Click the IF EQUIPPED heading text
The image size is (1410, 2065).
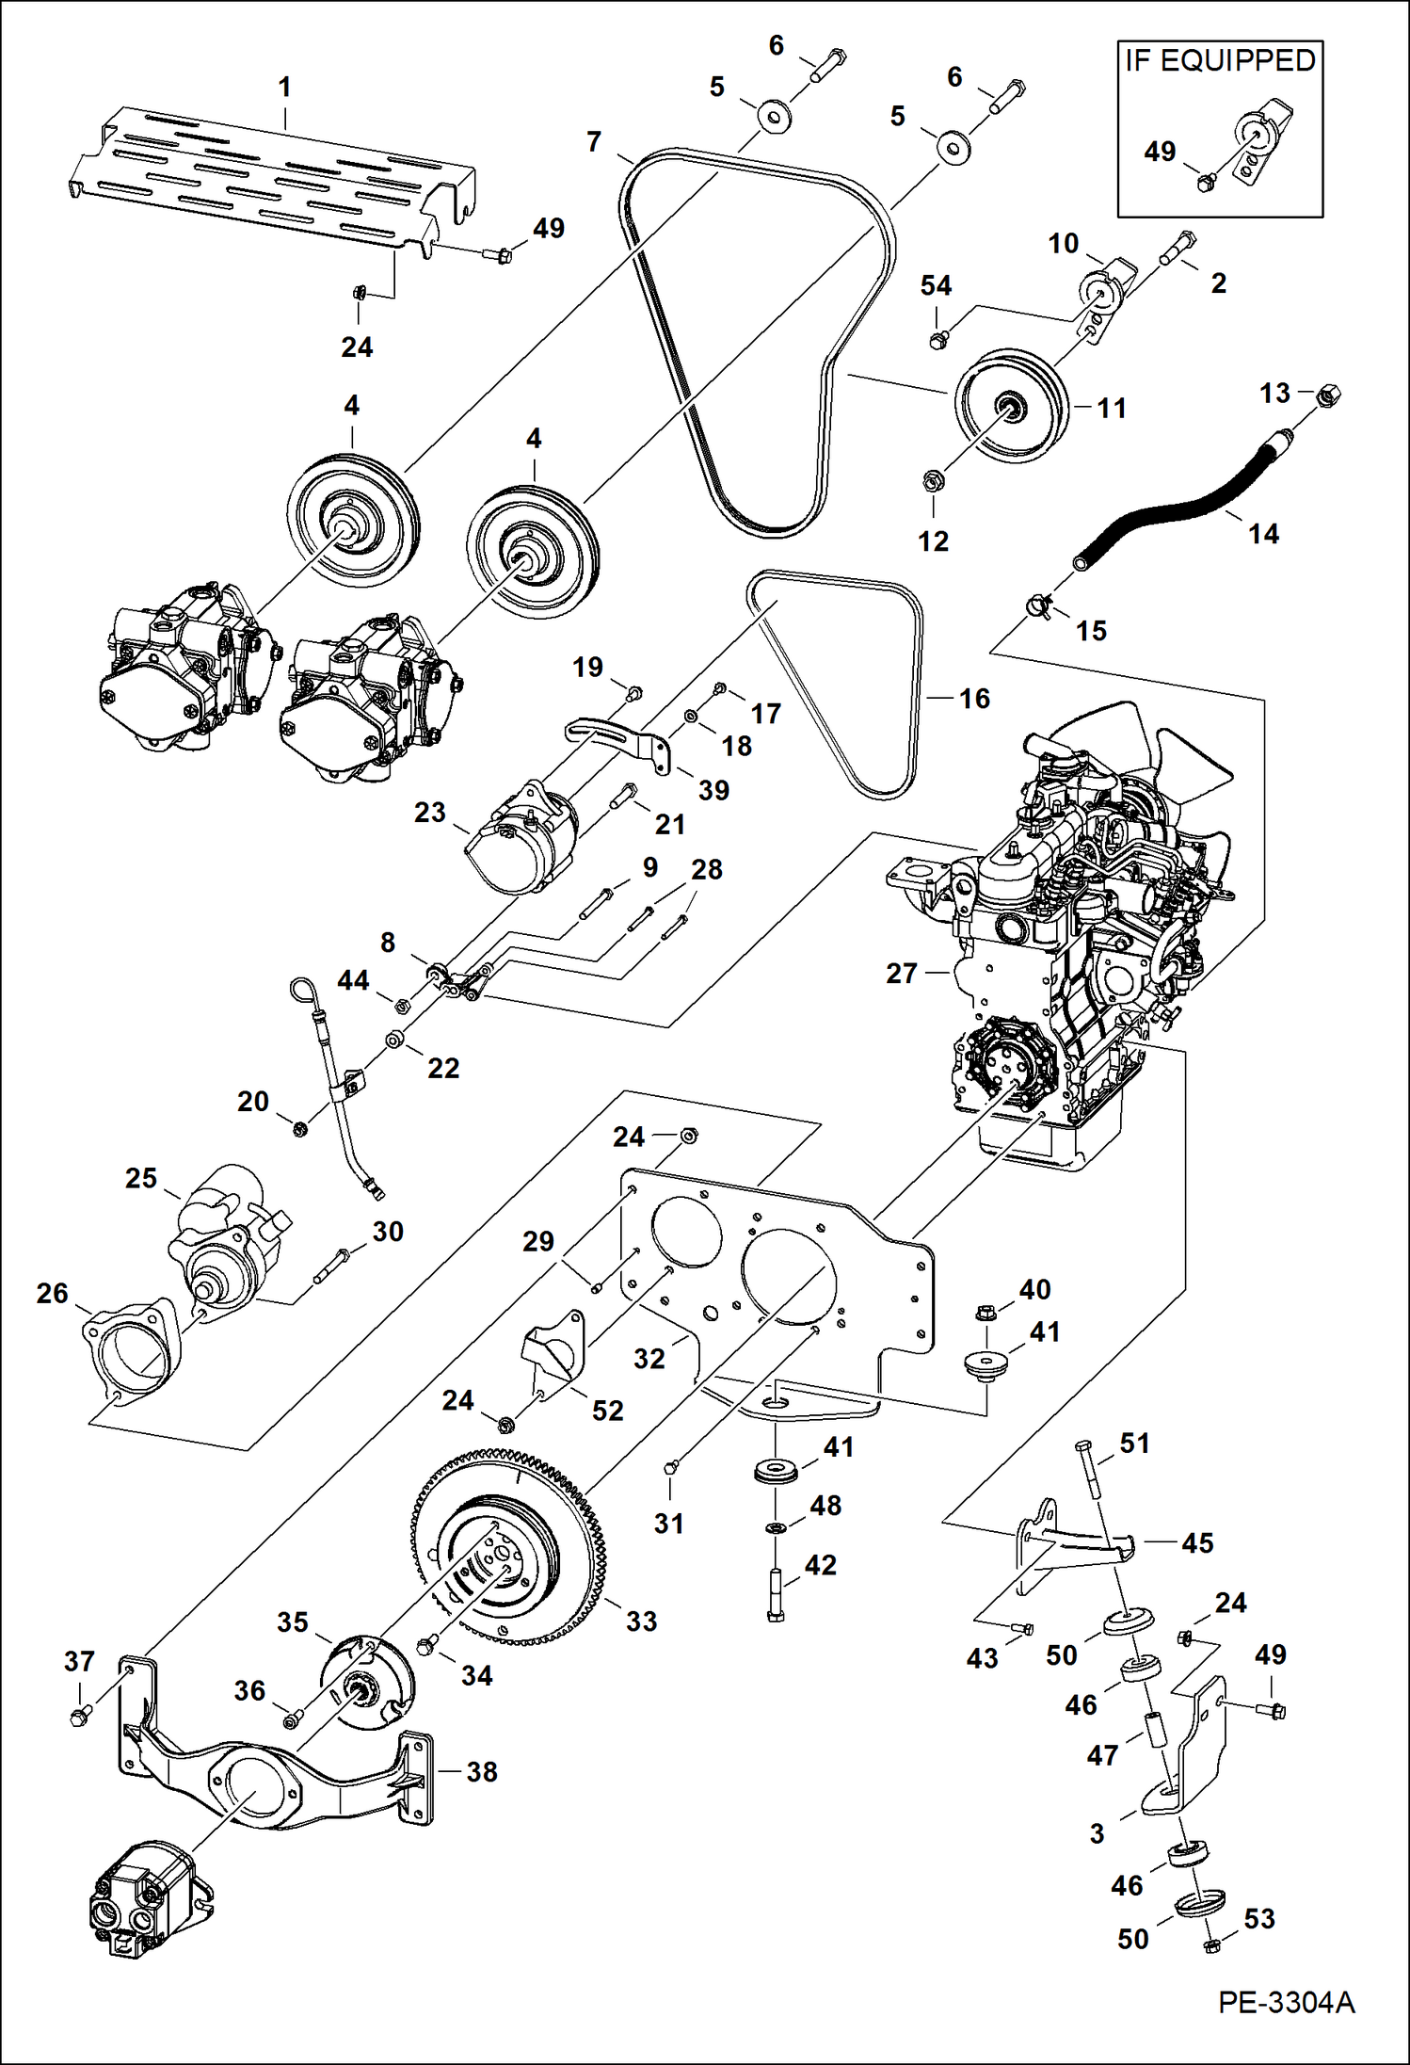[x=1220, y=60]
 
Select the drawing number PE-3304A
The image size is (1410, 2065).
[x=1286, y=2001]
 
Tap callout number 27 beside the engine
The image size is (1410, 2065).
[x=901, y=973]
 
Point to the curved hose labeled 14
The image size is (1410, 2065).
[x=1186, y=508]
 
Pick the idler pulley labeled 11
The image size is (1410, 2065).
[x=1010, y=406]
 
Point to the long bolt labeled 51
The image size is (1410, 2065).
[x=1089, y=1468]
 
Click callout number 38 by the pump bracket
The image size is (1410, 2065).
[x=481, y=1771]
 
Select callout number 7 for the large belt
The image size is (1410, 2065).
[x=593, y=141]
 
